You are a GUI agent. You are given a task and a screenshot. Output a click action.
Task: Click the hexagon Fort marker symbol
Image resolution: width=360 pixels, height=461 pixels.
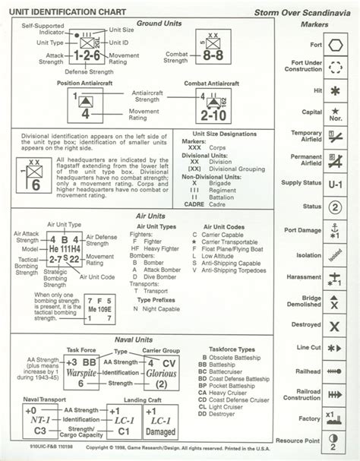coord(335,44)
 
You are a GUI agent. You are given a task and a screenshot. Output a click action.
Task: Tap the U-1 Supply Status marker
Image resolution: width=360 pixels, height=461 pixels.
coord(335,184)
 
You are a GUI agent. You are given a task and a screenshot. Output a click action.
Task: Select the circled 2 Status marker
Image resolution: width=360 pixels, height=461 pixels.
coord(335,207)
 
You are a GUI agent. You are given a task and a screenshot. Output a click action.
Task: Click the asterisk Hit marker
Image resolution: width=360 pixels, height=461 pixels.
coord(335,90)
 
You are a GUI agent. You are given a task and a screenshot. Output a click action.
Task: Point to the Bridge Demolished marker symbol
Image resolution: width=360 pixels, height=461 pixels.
coord(335,301)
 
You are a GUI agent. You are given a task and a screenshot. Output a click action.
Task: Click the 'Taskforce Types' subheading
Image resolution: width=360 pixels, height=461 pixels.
coord(233,350)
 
